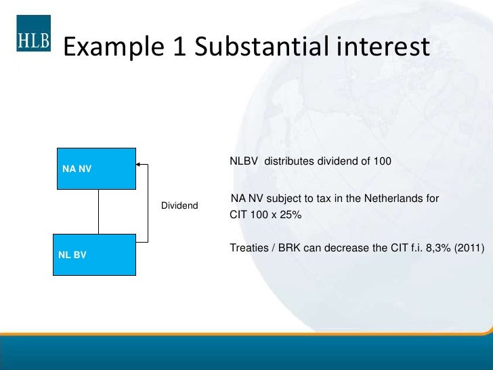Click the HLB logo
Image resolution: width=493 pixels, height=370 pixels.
click(x=33, y=38)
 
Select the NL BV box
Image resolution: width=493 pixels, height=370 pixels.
click(x=94, y=255)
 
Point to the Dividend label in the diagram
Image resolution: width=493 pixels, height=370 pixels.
click(x=179, y=205)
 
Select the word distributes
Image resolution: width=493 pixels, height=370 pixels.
click(x=287, y=161)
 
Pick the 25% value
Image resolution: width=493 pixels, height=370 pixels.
click(x=289, y=215)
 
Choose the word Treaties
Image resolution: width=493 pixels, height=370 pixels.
click(x=249, y=248)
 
